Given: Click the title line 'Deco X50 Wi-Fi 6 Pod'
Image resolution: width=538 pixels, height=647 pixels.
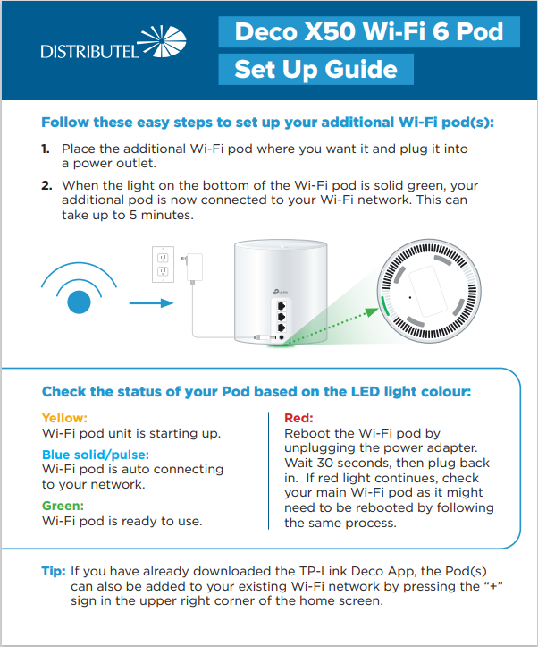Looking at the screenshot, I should (368, 33).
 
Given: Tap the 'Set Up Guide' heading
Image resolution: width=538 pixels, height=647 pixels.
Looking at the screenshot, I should (315, 69).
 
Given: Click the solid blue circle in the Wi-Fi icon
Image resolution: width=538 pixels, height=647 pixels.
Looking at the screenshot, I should (80, 302).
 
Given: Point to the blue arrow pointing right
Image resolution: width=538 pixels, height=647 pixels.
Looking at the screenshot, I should (149, 302).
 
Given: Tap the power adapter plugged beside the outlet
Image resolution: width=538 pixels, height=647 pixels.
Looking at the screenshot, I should (192, 267).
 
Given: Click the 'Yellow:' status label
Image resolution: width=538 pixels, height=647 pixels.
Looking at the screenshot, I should (64, 417).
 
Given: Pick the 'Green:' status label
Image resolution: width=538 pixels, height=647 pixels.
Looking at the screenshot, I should (63, 505).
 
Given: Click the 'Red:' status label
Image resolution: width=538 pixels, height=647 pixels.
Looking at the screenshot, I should (298, 417).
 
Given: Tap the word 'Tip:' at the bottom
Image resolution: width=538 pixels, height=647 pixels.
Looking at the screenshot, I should (54, 571).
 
